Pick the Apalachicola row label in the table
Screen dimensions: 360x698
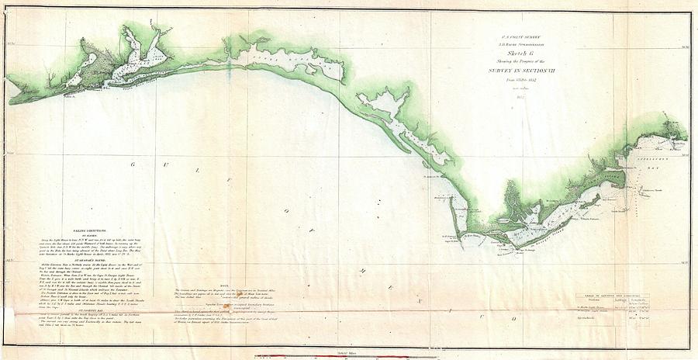click(x=598, y=318)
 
